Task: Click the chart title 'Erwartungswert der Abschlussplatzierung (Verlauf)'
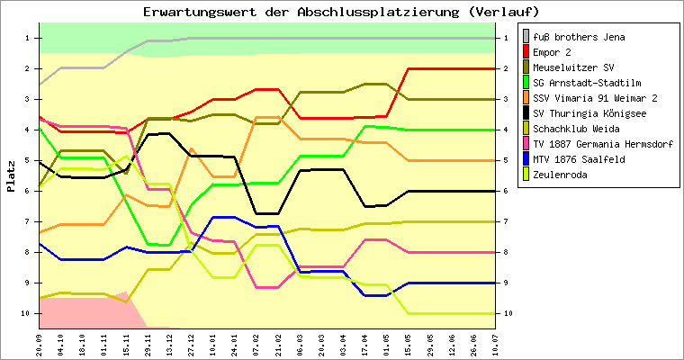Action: (x=341, y=12)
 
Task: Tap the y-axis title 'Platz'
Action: (x=11, y=176)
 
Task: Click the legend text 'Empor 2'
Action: (x=553, y=52)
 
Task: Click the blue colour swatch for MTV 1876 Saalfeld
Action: (x=526, y=159)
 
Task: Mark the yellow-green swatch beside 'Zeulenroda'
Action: (x=526, y=175)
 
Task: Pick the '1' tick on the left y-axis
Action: (x=28, y=38)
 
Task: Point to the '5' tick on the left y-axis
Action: (x=28, y=160)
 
